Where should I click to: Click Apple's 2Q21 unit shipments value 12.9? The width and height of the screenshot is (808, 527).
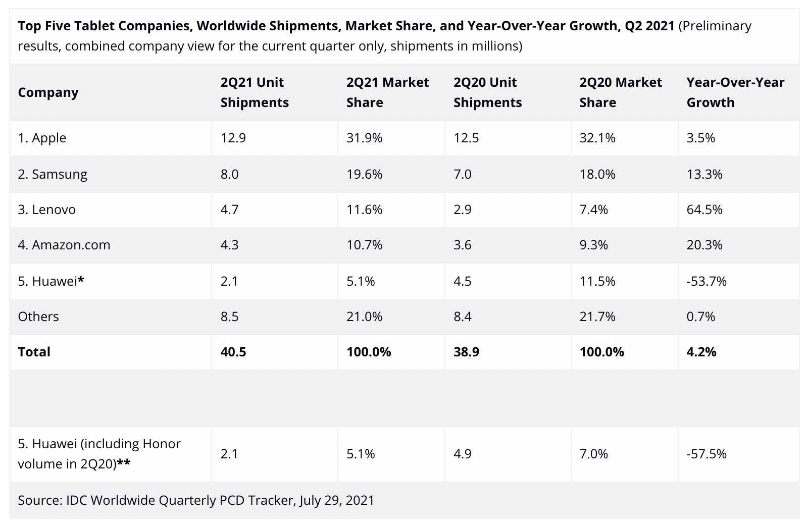[x=233, y=138]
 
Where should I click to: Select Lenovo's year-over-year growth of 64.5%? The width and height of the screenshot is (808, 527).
[x=704, y=209]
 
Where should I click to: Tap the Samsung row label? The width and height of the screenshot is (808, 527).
[x=53, y=174]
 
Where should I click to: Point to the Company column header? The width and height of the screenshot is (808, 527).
[x=48, y=92]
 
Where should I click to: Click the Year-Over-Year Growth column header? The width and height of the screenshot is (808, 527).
[x=735, y=92]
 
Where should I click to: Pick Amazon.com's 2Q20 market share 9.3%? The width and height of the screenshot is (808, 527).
[x=593, y=245]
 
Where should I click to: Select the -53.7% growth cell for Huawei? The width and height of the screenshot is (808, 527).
[x=706, y=281]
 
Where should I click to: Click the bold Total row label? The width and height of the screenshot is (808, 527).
[x=34, y=352]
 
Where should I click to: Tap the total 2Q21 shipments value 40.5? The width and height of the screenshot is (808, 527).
[x=233, y=352]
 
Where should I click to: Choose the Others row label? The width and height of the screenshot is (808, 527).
[x=38, y=317]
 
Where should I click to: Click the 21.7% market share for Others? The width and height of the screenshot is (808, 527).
[x=597, y=317]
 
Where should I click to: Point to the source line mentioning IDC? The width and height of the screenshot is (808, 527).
[x=196, y=500]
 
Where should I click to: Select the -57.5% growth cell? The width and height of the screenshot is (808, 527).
[x=706, y=454]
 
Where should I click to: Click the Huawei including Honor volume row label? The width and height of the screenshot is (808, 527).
[x=99, y=454]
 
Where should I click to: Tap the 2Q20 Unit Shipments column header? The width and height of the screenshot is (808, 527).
[x=487, y=92]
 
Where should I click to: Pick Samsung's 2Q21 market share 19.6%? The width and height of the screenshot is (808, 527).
[x=364, y=174]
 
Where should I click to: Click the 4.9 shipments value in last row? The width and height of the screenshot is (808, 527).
[x=462, y=454]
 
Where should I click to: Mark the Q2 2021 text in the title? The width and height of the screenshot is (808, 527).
[x=649, y=26]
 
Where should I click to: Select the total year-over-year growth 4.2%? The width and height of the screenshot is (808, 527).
[x=701, y=352]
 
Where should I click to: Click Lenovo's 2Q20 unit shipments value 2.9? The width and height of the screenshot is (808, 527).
[x=462, y=209]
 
